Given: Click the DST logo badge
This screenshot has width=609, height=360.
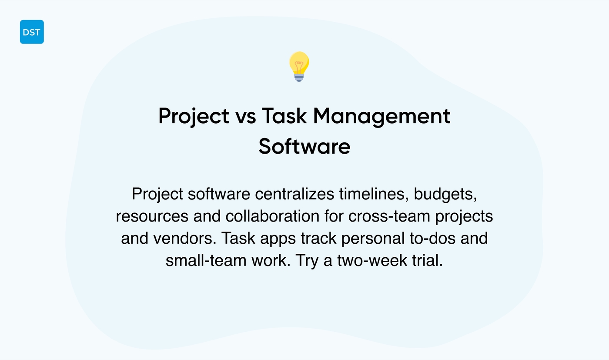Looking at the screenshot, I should [x=32, y=32].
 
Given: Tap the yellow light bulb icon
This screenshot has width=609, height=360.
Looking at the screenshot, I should [x=299, y=66].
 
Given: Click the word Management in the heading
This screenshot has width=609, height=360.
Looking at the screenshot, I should [x=381, y=116].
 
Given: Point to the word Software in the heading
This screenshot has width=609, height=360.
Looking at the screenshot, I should [x=304, y=147].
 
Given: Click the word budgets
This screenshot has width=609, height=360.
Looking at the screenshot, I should [x=445, y=194].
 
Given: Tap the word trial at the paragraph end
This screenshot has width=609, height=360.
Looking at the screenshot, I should [x=427, y=262].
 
